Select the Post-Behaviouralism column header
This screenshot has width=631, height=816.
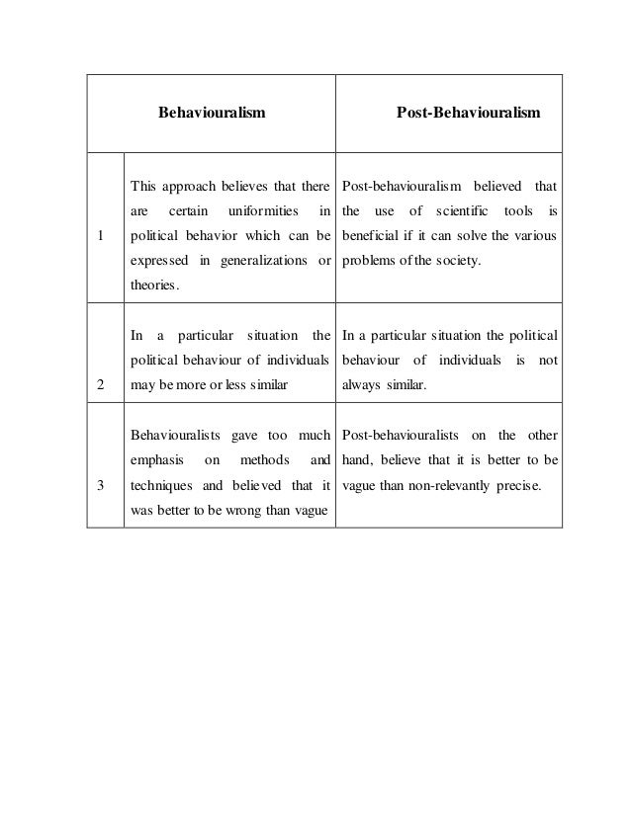(x=469, y=114)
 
